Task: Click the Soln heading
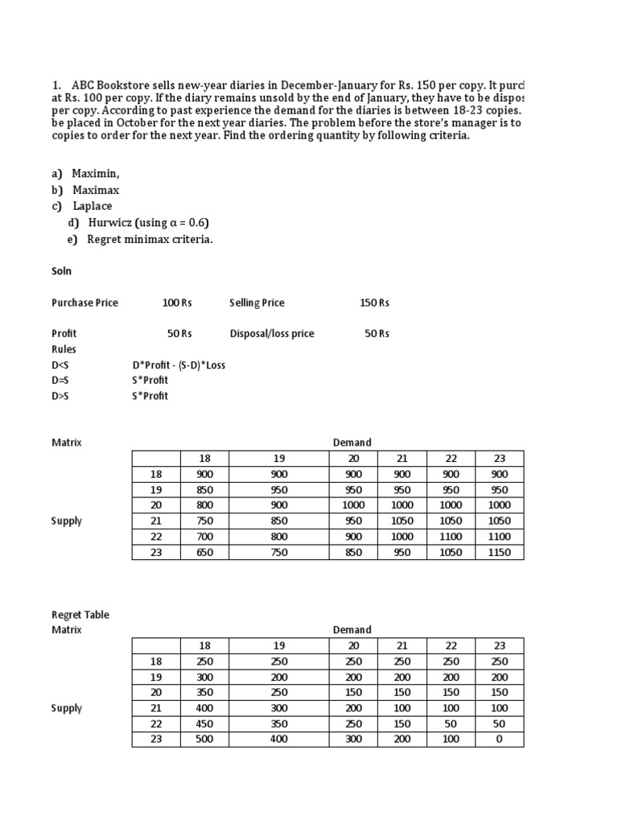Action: [62, 271]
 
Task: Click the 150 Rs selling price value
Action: [374, 303]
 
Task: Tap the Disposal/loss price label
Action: [272, 333]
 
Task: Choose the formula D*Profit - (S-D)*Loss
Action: [179, 365]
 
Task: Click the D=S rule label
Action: [60, 380]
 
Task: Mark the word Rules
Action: [64, 349]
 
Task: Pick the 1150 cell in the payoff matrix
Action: [499, 552]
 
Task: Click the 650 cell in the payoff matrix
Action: [204, 552]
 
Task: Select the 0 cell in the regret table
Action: [499, 739]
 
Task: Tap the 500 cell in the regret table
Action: [204, 739]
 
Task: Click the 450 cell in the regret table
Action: [204, 723]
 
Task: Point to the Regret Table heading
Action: [80, 615]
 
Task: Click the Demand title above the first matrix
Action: [352, 443]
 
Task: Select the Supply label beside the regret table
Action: [67, 708]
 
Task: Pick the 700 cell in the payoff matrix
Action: [204, 537]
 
